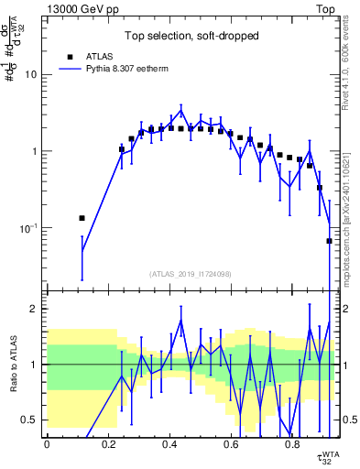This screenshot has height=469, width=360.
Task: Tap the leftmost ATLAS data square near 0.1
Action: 82,218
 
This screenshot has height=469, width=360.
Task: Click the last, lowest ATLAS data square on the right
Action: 329,241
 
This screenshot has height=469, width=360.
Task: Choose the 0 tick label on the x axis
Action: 47,444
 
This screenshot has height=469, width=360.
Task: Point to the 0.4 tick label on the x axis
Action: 169,444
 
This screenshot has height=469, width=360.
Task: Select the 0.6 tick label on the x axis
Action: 230,444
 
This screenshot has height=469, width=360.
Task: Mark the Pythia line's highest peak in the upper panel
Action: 181,110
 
